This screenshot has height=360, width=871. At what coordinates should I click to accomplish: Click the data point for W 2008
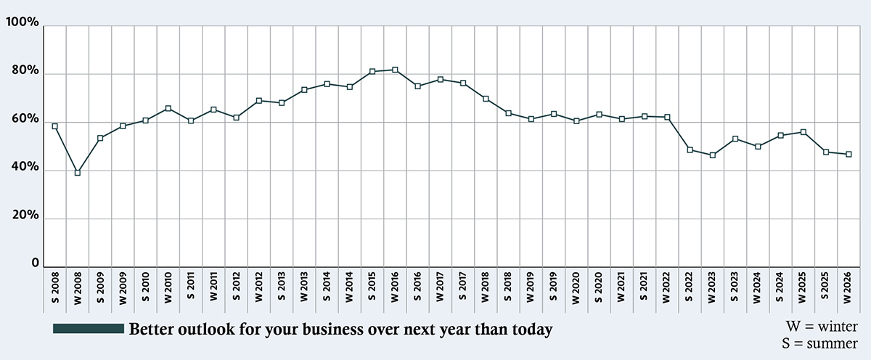(77, 173)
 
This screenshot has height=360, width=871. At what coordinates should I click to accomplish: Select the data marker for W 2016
(395, 70)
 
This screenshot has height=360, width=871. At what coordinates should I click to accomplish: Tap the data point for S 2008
(54, 126)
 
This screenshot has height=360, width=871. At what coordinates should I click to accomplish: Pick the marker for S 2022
(690, 150)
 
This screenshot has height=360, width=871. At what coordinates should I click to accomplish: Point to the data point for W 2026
(848, 155)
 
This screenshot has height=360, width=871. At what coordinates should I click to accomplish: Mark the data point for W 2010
(168, 109)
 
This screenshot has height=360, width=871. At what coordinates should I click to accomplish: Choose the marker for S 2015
(372, 71)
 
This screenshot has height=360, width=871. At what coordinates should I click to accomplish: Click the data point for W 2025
(803, 132)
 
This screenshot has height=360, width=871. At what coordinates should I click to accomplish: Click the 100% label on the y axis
(22, 23)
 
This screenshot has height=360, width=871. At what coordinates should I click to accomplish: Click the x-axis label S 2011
(191, 286)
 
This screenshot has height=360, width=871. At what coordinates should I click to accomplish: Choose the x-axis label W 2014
(350, 286)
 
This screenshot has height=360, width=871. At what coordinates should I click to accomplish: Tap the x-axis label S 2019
(554, 286)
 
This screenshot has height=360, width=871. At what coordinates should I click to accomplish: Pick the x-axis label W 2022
(667, 286)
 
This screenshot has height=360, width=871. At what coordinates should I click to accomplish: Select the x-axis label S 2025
(826, 286)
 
